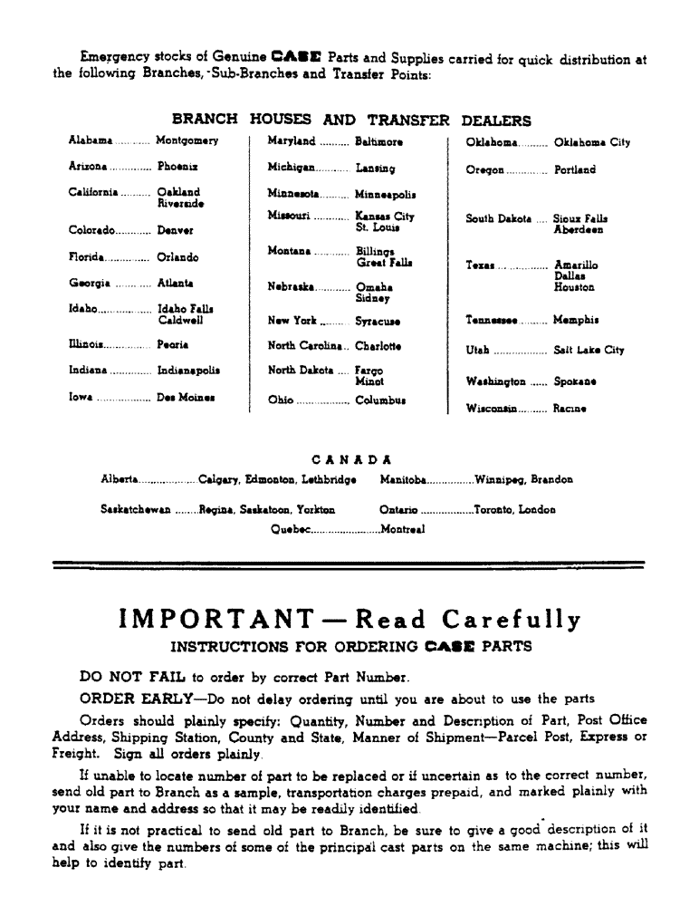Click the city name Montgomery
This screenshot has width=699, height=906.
point(187,141)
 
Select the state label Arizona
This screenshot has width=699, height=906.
point(88,168)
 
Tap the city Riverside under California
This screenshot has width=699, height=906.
point(180,204)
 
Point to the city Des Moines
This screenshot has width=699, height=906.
point(187,397)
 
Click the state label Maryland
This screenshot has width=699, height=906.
point(291,141)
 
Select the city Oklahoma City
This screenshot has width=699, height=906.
point(592,142)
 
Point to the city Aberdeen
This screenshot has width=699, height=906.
point(579,230)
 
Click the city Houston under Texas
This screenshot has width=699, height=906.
point(574,287)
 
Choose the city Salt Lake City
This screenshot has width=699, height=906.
point(589,350)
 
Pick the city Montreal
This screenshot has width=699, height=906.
point(403,529)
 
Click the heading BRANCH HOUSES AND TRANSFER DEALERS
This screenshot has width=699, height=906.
point(351,120)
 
